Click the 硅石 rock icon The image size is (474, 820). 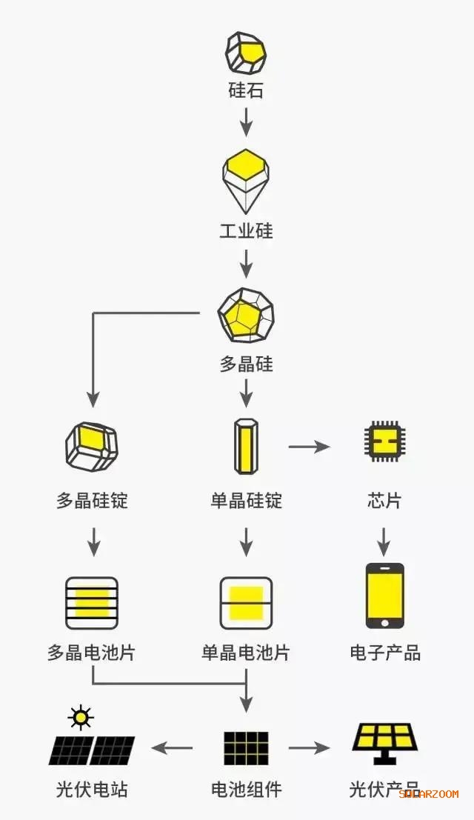coord(246,53)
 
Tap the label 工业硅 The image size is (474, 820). coord(246,230)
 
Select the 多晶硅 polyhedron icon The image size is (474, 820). coord(246,315)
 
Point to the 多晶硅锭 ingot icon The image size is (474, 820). coord(92,447)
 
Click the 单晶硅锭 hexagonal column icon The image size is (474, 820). coord(246,447)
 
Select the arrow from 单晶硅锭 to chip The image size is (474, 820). coord(309,447)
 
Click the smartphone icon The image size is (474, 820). coord(384,596)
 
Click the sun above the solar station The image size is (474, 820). coord(79,717)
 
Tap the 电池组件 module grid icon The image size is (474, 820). coord(246,748)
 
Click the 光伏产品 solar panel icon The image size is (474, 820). coord(384,743)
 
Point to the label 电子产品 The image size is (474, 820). coord(385,653)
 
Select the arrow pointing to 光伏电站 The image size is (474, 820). coord(173,748)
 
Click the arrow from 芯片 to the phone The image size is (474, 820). coord(384,541)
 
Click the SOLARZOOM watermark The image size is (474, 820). coord(429,793)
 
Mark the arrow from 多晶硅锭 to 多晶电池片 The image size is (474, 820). coord(93,541)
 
